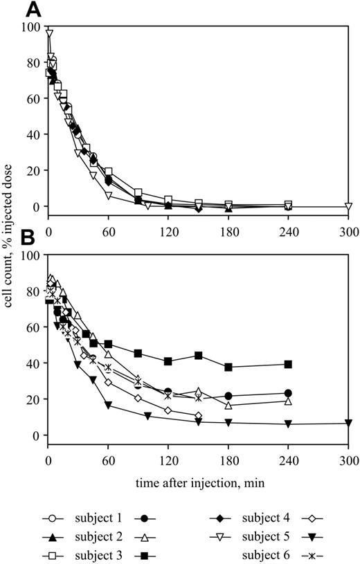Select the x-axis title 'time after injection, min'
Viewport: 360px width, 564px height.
click(x=198, y=481)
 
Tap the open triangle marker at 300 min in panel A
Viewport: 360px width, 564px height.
click(x=348, y=206)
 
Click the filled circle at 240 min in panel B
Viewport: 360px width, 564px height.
click(x=288, y=393)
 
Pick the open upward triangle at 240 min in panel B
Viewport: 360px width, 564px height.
click(x=288, y=401)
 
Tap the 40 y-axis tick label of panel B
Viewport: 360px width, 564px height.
click(x=32, y=363)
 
